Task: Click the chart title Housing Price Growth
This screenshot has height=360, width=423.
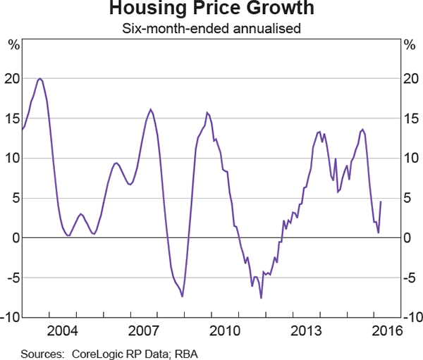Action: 211,11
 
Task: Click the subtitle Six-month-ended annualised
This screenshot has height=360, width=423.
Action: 211,29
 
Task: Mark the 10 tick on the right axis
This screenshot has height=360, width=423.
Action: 410,159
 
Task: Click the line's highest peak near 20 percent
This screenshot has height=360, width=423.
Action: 39,78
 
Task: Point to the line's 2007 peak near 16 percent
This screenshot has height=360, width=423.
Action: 151,109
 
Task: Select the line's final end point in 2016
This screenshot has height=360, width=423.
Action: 381,202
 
